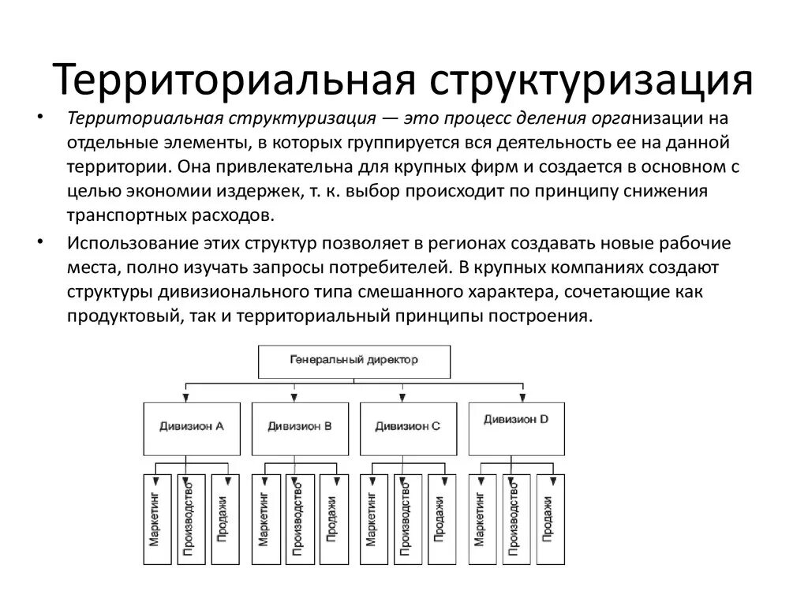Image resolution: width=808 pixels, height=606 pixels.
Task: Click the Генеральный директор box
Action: pos(354,361)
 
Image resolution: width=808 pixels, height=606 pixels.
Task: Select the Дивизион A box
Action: pos(192,427)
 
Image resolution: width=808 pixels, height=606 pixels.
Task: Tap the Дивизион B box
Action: pos(299,427)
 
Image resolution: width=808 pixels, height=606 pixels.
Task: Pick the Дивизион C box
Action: pos(407,427)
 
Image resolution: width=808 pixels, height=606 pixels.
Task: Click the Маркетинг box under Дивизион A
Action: pos(156,518)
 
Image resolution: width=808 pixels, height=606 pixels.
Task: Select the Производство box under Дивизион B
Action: pos(298,518)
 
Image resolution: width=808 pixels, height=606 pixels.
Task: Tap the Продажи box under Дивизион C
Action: pos(439,518)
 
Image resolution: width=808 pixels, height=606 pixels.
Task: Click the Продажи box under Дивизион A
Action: pos(223,518)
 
